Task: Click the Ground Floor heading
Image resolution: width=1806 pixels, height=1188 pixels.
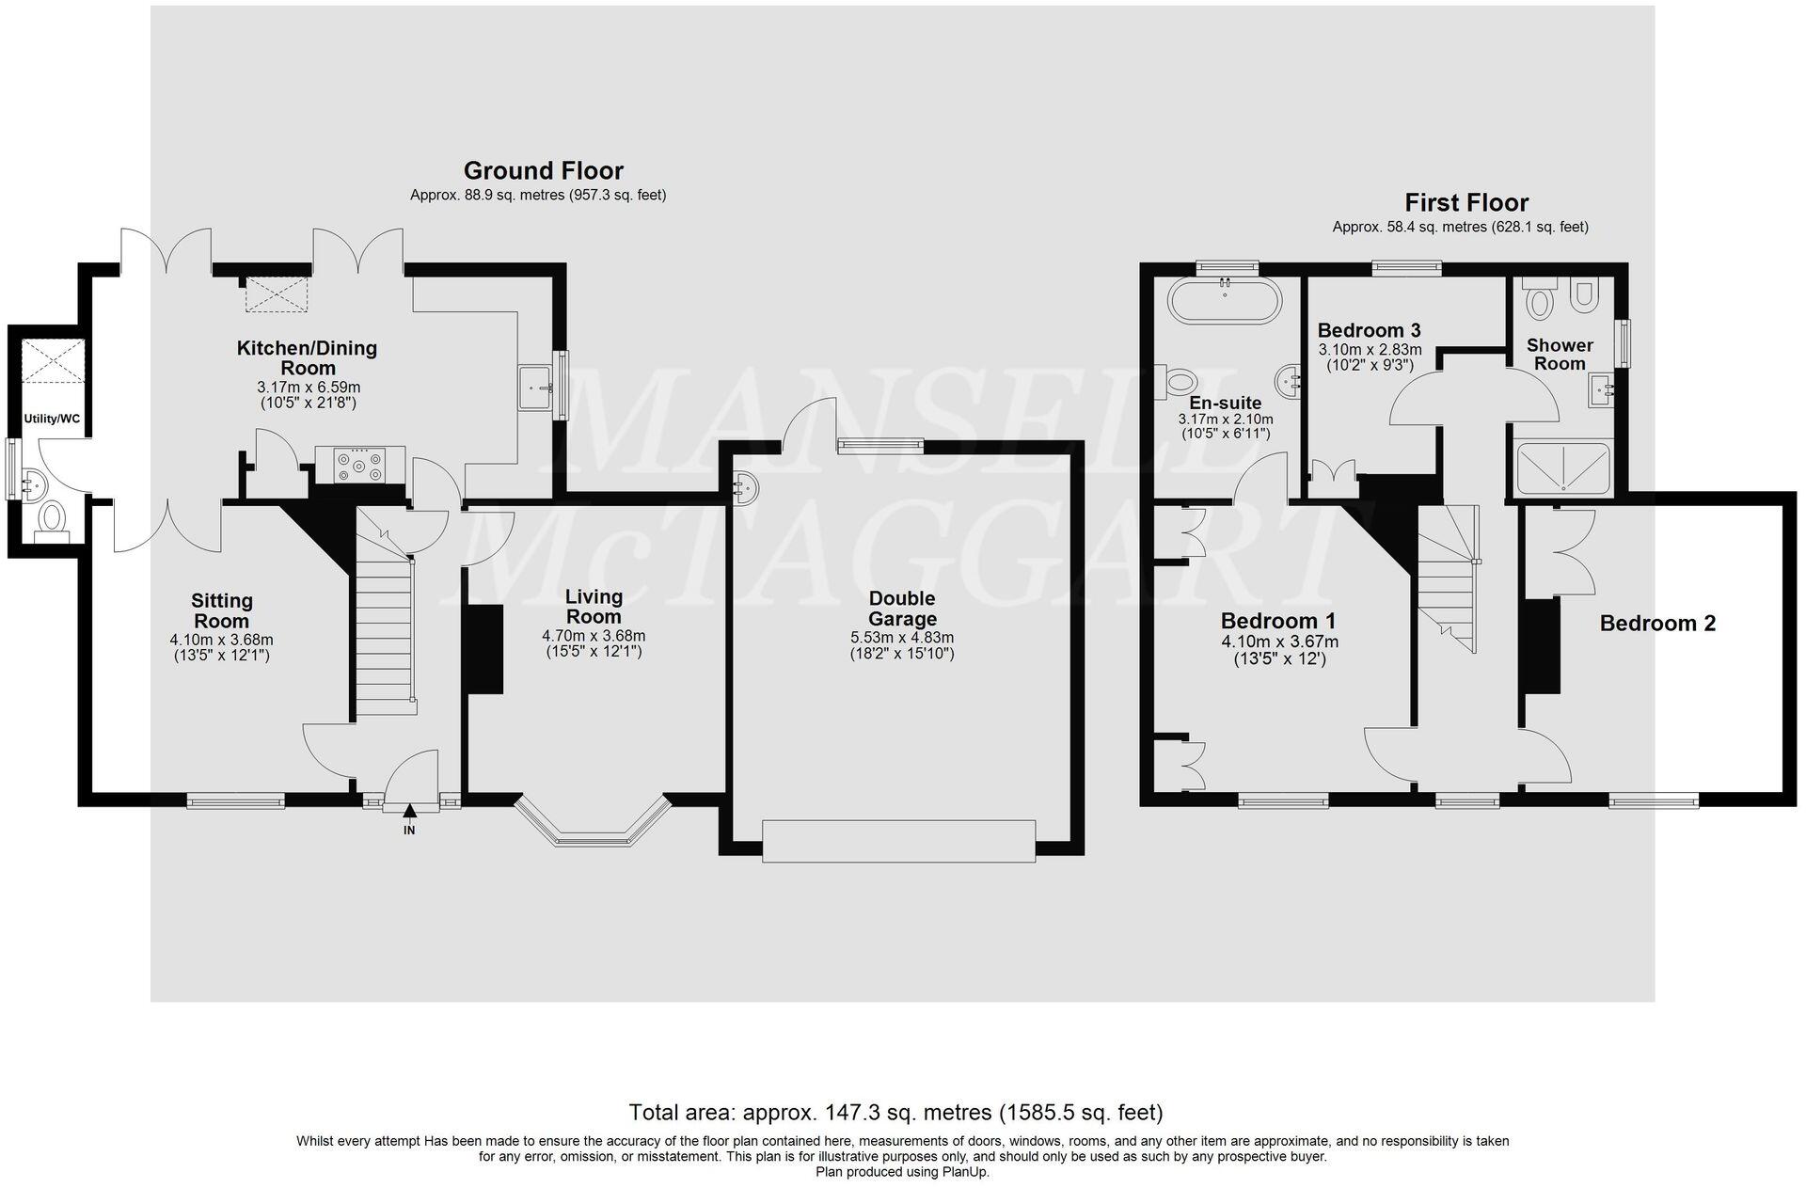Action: pyautogui.click(x=543, y=171)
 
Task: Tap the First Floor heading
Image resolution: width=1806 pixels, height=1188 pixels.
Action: pyautogui.click(x=1466, y=203)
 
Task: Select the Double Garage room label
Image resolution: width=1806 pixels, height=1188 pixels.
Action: pyautogui.click(x=902, y=609)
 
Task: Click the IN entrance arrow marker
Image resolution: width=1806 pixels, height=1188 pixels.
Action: pyautogui.click(x=409, y=810)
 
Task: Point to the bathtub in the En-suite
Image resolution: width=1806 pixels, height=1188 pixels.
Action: pyautogui.click(x=1224, y=300)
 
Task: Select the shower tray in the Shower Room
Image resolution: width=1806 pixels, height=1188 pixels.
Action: pyautogui.click(x=1562, y=468)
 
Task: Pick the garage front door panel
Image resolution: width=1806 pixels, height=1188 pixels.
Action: pyautogui.click(x=898, y=841)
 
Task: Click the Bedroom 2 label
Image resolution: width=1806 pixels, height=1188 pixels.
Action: pyautogui.click(x=1657, y=624)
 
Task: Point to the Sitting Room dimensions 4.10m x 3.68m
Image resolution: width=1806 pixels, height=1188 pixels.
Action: pyautogui.click(x=221, y=640)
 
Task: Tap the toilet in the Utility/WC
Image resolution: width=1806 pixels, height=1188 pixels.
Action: pyautogui.click(x=52, y=518)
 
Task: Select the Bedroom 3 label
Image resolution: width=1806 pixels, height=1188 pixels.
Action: pyautogui.click(x=1369, y=331)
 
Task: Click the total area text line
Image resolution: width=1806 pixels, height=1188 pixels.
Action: pyautogui.click(x=895, y=1113)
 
